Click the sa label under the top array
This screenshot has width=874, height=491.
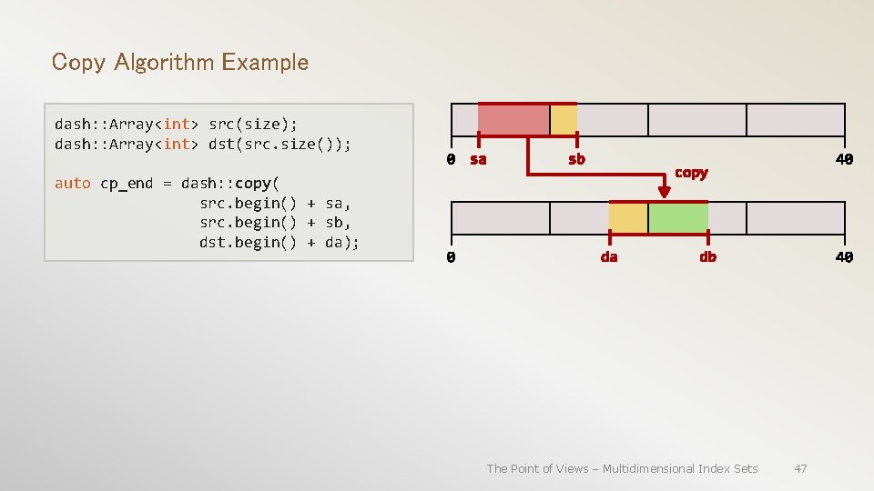click(x=478, y=160)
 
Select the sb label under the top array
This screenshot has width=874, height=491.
click(x=576, y=160)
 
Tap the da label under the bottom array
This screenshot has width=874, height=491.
click(x=609, y=257)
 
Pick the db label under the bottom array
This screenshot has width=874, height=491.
click(x=707, y=257)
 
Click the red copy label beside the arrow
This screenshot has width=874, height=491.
click(x=691, y=173)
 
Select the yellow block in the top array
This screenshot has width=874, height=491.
click(x=564, y=120)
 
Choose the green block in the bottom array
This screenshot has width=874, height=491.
click(x=678, y=218)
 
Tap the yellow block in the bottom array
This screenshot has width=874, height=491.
click(x=628, y=218)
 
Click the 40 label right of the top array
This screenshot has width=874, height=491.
click(x=844, y=160)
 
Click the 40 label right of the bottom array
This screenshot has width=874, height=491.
click(x=844, y=257)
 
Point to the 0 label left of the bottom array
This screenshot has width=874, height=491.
click(x=451, y=257)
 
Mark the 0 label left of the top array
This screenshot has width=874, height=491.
click(x=451, y=160)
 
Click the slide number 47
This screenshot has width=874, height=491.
click(x=800, y=468)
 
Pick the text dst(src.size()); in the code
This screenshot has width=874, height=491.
click(x=279, y=144)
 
